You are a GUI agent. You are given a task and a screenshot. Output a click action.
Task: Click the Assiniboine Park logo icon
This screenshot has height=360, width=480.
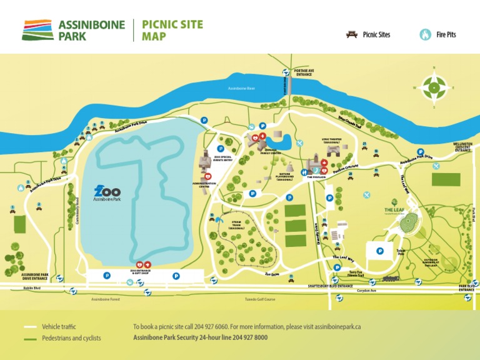click(x=37, y=30)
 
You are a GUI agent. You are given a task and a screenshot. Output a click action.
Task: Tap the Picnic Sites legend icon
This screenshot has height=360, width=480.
click(x=352, y=34)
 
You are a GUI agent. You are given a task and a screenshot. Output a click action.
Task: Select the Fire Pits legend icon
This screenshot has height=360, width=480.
click(x=426, y=34)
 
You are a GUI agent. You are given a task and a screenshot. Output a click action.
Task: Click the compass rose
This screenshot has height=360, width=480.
click(x=434, y=87)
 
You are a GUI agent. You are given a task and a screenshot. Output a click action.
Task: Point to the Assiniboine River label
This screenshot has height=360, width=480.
click(x=242, y=88)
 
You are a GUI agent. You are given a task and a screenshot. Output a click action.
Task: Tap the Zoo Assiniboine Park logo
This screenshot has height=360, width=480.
click(x=107, y=193)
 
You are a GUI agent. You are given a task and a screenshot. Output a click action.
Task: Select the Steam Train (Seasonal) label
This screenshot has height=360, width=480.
click(x=236, y=224)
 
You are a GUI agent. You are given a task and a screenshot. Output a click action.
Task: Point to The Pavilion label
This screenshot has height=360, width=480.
click(x=317, y=177)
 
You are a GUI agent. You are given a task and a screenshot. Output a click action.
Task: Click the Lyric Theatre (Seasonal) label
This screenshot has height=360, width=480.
click(x=332, y=141)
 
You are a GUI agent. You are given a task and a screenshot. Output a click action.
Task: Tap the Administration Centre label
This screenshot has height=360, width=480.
click(x=208, y=185)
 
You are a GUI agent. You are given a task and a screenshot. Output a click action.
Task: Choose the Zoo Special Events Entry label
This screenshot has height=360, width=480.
click(x=222, y=159)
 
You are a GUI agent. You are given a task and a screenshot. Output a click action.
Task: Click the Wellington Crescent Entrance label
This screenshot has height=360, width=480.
click(x=462, y=147)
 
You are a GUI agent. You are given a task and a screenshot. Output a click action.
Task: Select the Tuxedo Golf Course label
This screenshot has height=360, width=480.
click(x=260, y=299)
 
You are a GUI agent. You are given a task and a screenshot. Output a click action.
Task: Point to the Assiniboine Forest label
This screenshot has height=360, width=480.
click(x=105, y=299)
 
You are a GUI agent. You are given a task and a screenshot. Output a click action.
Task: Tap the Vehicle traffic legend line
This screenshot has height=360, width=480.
click(x=31, y=327)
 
